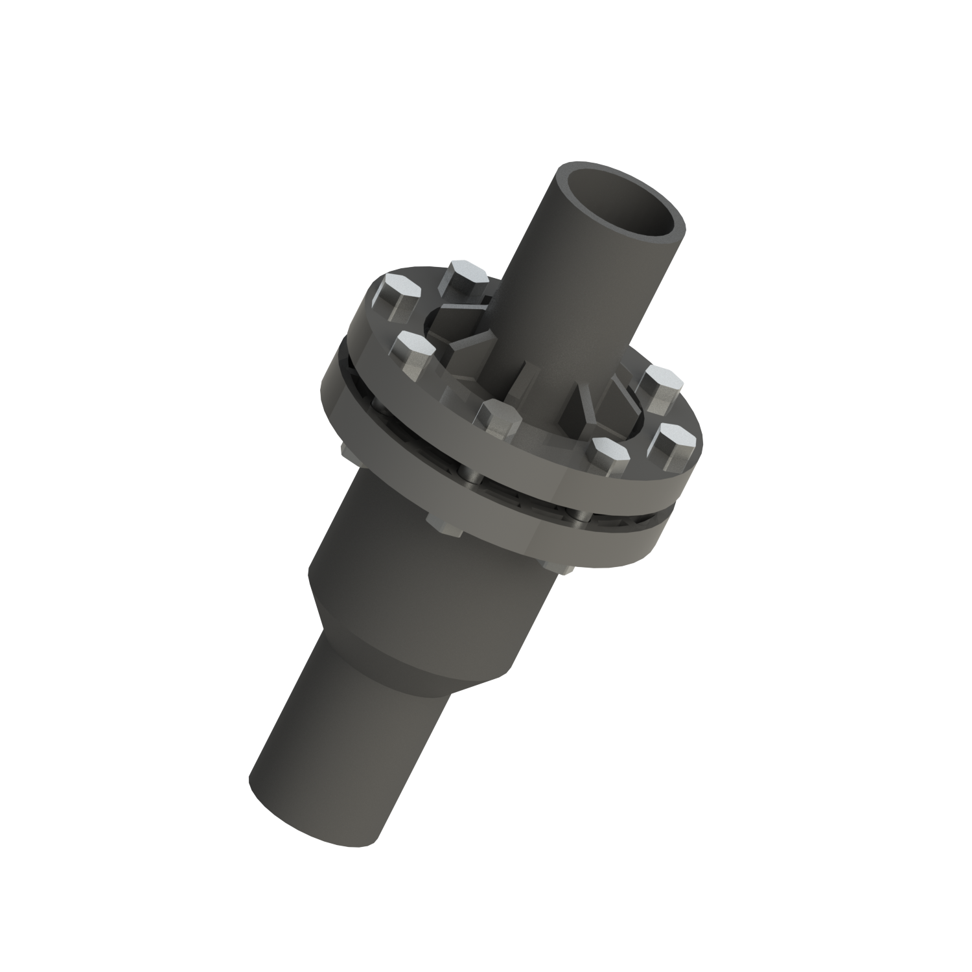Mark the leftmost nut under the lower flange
[344, 450]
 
